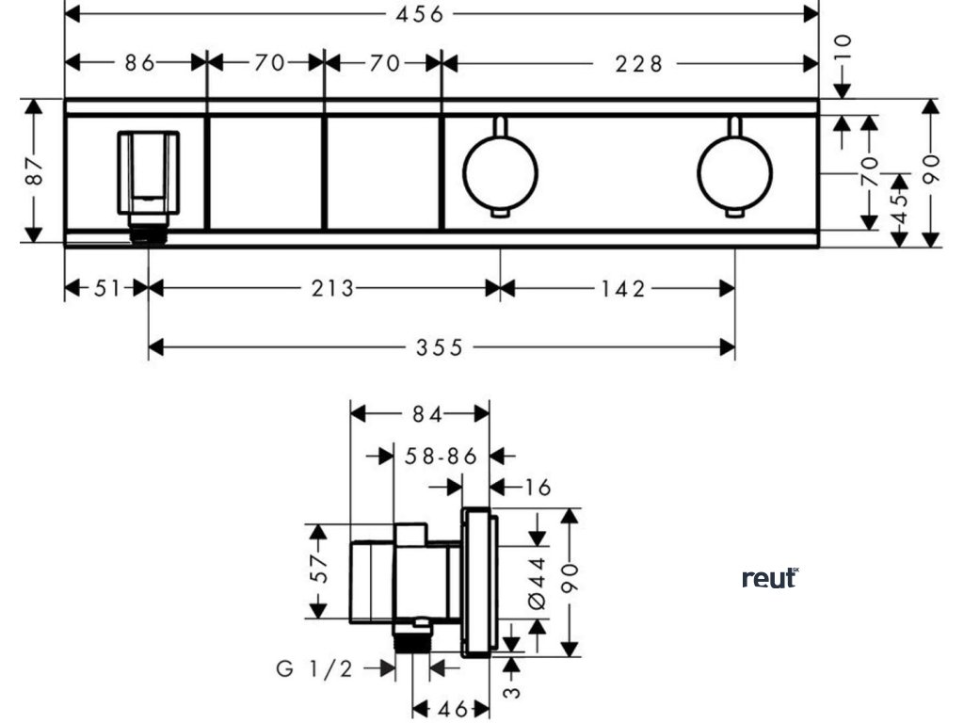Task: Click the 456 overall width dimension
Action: coord(419,14)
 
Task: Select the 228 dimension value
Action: coord(639,63)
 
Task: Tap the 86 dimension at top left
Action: coord(140,63)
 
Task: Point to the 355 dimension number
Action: coord(439,348)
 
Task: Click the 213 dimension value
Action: coord(332,288)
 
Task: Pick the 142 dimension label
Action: coord(623,288)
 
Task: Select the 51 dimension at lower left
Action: coord(106,288)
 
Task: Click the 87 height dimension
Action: coord(35,170)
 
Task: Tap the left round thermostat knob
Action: coord(501,173)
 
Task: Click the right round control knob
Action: coord(734,173)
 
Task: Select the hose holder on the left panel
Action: coord(148,185)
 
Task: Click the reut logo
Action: coord(770,578)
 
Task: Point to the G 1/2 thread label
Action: coord(314,668)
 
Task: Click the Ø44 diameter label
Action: coord(537,583)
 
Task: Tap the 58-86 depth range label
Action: coord(441,457)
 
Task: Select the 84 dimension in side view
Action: coord(427,414)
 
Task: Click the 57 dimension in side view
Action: coord(319,569)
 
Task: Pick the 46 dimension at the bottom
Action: coord(452,710)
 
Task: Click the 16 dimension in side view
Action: coord(538,488)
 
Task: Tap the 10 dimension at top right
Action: coord(843,46)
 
